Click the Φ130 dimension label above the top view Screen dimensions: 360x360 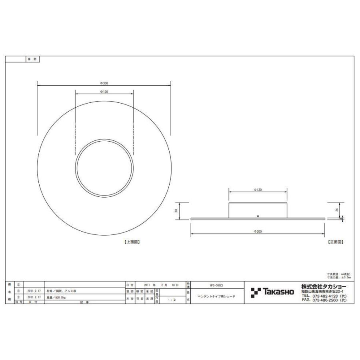pyautogui.click(x=104, y=92)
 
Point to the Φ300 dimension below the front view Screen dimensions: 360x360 pyautogui.click(x=258, y=232)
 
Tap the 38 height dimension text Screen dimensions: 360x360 pyautogui.click(x=176, y=211)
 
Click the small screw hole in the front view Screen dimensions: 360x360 pyautogui.click(x=258, y=216)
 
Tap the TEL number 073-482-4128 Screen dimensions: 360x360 pyautogui.click(x=324, y=296)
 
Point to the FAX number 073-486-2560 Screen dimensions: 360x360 pyautogui.click(x=324, y=300)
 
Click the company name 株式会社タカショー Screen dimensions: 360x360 pyautogui.click(x=324, y=286)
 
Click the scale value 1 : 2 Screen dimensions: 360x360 pyautogui.click(x=171, y=299)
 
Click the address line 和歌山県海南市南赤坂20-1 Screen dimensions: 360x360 pyautogui.click(x=324, y=292)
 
